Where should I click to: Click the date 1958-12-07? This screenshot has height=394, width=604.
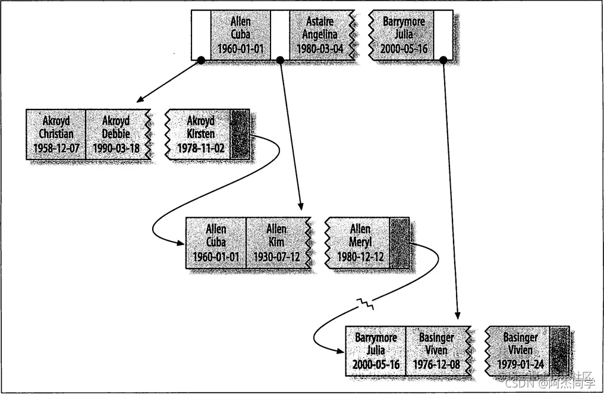click(56, 148)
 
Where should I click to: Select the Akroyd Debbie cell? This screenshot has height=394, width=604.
click(116, 134)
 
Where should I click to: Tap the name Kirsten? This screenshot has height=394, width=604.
click(200, 134)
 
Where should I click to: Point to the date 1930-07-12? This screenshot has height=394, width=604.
click(276, 256)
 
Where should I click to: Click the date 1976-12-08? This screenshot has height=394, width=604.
click(436, 364)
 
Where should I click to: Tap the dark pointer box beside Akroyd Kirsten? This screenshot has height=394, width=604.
click(240, 134)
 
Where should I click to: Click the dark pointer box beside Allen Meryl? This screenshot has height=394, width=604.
click(399, 242)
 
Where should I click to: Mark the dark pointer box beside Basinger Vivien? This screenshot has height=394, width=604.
click(559, 351)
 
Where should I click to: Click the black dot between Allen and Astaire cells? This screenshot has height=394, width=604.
click(280, 60)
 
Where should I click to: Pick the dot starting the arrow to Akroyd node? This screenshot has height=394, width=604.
click(201, 60)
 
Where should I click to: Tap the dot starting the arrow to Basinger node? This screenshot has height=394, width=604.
click(443, 60)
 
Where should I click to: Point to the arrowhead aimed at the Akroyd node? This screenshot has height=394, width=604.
click(139, 99)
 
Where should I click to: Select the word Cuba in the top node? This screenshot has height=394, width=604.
click(240, 35)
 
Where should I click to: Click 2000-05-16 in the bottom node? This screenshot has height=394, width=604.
click(376, 364)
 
